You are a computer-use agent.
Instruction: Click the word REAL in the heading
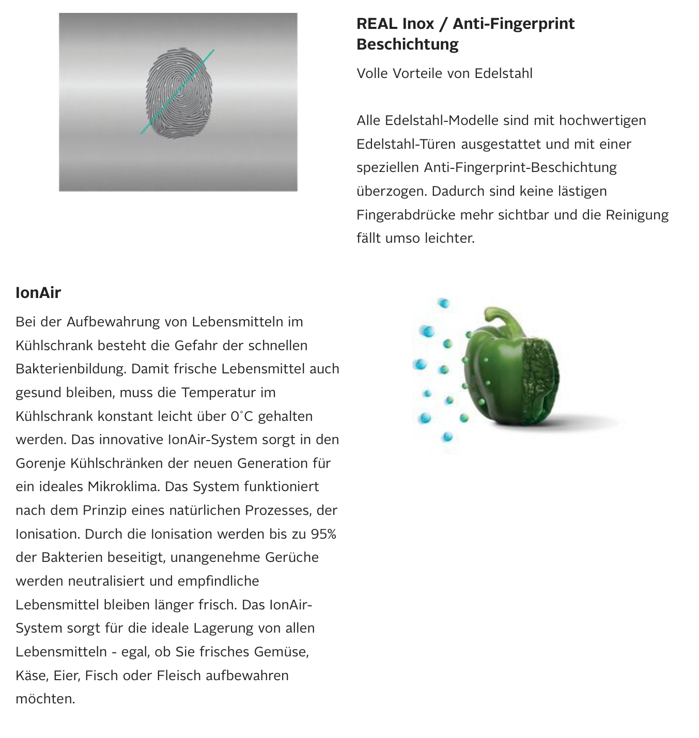(x=377, y=24)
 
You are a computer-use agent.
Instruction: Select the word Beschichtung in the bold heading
(x=407, y=44)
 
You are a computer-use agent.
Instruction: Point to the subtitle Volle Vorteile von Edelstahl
(x=444, y=73)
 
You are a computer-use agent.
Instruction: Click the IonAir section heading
(x=38, y=293)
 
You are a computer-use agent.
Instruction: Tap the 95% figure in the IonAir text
(x=323, y=534)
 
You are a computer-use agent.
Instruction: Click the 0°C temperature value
(x=241, y=416)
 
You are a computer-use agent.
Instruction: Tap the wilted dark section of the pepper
(x=540, y=382)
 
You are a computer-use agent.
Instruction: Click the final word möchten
(x=45, y=699)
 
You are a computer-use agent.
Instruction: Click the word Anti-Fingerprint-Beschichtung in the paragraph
(x=520, y=168)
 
